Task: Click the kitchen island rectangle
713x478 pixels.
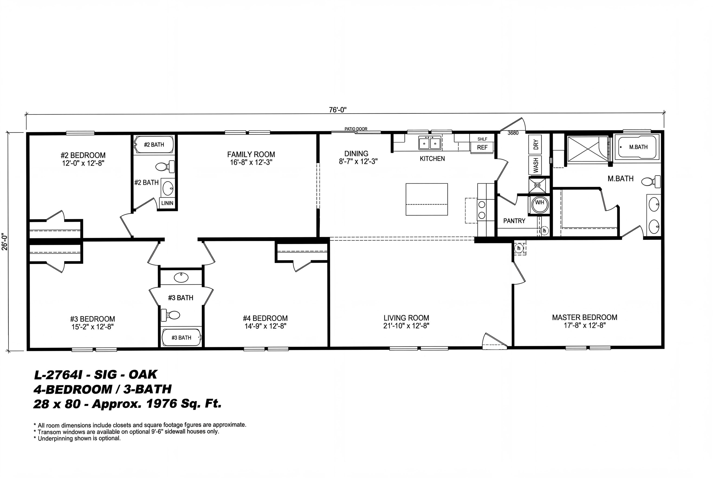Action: click(426, 199)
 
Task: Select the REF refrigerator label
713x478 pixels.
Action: click(482, 148)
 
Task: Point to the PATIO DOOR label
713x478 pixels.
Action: click(356, 129)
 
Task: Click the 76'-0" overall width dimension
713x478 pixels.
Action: click(338, 110)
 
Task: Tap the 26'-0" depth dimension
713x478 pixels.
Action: click(4, 242)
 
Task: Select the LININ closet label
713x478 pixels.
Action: click(167, 203)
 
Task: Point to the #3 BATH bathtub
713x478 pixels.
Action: click(181, 337)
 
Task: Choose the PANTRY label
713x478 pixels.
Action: click(514, 221)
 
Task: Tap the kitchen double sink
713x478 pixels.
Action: click(430, 143)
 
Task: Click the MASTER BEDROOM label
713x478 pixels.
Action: click(584, 317)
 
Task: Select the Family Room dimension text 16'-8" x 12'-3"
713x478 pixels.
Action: click(251, 162)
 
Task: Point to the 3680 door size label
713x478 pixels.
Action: click(513, 133)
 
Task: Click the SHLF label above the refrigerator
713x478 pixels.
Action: click(482, 139)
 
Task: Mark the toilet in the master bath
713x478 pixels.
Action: click(651, 182)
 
